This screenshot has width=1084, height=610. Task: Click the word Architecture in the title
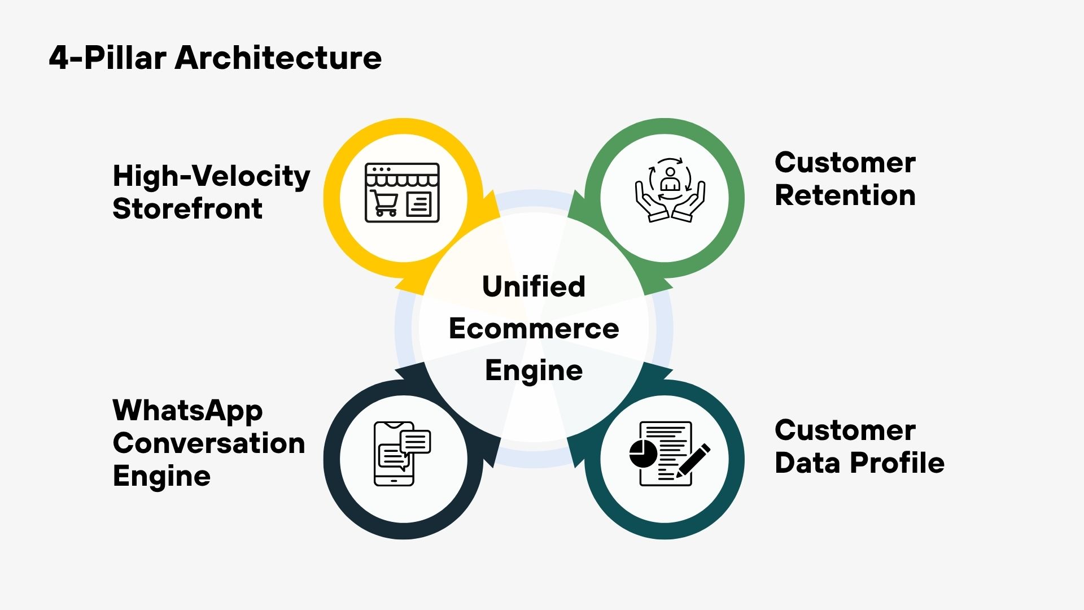coord(278,58)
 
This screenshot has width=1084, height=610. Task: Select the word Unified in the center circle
coord(534,286)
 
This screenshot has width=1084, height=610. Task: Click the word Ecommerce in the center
coord(534,329)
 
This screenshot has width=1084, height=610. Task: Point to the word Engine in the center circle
coord(534,371)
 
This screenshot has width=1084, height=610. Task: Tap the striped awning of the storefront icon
coord(402,180)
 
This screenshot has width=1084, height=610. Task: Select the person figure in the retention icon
coord(670,180)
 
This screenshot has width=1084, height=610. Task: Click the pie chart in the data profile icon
coord(643,454)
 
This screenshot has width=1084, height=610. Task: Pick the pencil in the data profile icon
coord(693,460)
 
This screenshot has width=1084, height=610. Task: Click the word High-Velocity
coord(211,176)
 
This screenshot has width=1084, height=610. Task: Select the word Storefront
coord(187,209)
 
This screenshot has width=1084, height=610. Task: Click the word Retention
coord(845,195)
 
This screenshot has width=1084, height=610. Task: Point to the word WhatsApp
coord(187,411)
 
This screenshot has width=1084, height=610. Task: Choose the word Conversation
coord(209,443)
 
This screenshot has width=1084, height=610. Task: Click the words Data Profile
coord(859,463)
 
